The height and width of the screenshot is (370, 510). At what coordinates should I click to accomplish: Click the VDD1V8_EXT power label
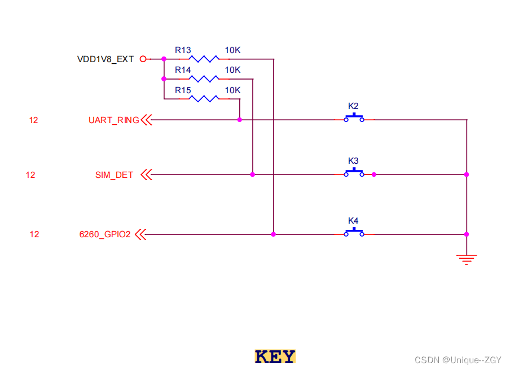(105, 59)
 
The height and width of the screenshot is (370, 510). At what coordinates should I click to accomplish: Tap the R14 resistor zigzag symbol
(204, 79)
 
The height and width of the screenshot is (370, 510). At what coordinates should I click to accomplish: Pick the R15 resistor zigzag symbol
(204, 99)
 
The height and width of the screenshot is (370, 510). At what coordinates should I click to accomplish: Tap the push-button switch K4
(354, 232)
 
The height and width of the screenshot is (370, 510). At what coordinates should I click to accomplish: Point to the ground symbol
(467, 259)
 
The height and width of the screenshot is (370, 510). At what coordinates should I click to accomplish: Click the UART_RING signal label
(113, 120)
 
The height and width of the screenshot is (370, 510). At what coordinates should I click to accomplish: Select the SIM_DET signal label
(114, 175)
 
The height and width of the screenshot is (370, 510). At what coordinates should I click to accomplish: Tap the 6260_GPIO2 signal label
(105, 234)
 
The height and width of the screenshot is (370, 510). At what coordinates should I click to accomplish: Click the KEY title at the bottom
(275, 357)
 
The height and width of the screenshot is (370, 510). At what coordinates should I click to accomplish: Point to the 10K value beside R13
(232, 50)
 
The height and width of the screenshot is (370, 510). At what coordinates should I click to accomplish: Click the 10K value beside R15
(232, 90)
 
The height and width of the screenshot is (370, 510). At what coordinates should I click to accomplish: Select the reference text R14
(183, 70)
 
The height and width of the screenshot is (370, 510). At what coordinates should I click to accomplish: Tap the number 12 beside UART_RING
(34, 120)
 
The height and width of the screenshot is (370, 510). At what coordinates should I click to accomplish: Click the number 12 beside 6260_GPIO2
(34, 234)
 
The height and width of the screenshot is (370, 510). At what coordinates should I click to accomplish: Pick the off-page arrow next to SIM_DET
(146, 175)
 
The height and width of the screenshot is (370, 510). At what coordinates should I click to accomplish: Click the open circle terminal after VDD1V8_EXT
(143, 59)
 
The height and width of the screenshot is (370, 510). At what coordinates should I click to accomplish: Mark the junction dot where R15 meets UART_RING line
(240, 120)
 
